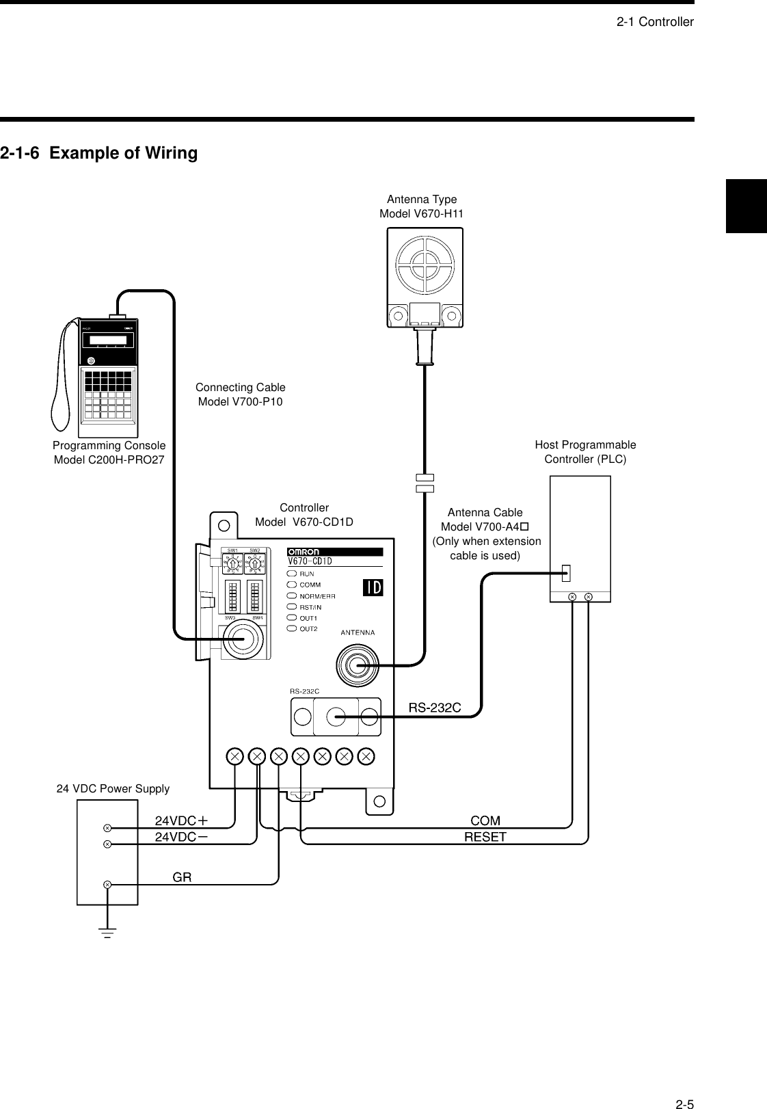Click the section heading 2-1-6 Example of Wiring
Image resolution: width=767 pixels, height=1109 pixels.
pyautogui.click(x=99, y=153)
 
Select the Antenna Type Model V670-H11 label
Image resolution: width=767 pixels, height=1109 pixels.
pyautogui.click(x=422, y=206)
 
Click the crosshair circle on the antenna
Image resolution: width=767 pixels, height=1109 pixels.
pyautogui.click(x=425, y=265)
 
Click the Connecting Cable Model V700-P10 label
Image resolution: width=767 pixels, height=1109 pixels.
pyautogui.click(x=240, y=395)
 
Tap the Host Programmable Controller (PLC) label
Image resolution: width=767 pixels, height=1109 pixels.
pyautogui.click(x=585, y=452)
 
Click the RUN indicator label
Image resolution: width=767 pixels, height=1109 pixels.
pyautogui.click(x=306, y=574)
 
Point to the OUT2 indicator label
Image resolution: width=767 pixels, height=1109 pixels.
pyautogui.click(x=308, y=628)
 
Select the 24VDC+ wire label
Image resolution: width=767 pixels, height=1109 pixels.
pyautogui.click(x=181, y=820)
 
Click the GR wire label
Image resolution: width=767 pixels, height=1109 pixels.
pyautogui.click(x=182, y=877)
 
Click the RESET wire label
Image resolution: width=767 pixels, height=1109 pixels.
pyautogui.click(x=485, y=836)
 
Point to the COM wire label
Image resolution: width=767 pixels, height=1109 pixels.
pyautogui.click(x=485, y=820)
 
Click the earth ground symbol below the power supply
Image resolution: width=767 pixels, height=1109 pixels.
pyautogui.click(x=107, y=932)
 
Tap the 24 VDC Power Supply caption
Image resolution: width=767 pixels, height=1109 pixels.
pyautogui.click(x=113, y=788)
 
